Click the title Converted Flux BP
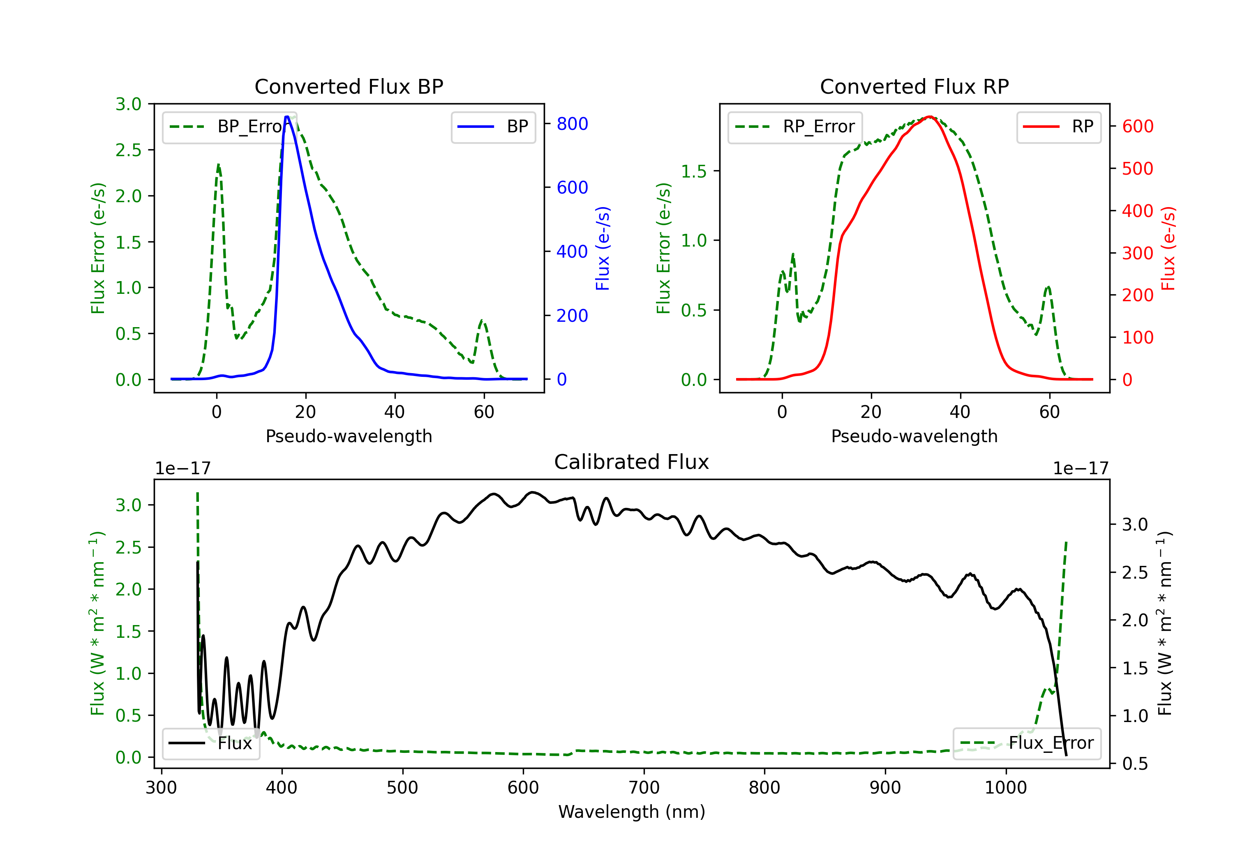pyautogui.click(x=349, y=86)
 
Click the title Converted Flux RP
pyautogui.click(x=914, y=86)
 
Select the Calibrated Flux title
pyautogui.click(x=632, y=462)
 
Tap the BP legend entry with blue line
pyautogui.click(x=493, y=127)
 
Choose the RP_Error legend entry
pyautogui.click(x=795, y=127)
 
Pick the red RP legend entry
pyautogui.click(x=1058, y=127)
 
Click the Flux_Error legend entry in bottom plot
pyautogui.click(x=1027, y=743)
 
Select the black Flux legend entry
pyautogui.click(x=210, y=743)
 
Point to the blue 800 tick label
pyautogui.click(x=572, y=124)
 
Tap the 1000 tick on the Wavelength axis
pyautogui.click(x=1005, y=788)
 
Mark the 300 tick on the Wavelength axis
pyautogui.click(x=161, y=788)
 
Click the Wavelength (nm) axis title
pyautogui.click(x=632, y=812)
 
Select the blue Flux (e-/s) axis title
pyautogui.click(x=603, y=248)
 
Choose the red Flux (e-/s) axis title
pyautogui.click(x=1168, y=248)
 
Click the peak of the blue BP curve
pyautogui.click(x=287, y=117)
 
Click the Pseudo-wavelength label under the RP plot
pyautogui.click(x=914, y=436)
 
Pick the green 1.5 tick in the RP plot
pyautogui.click(x=694, y=171)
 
